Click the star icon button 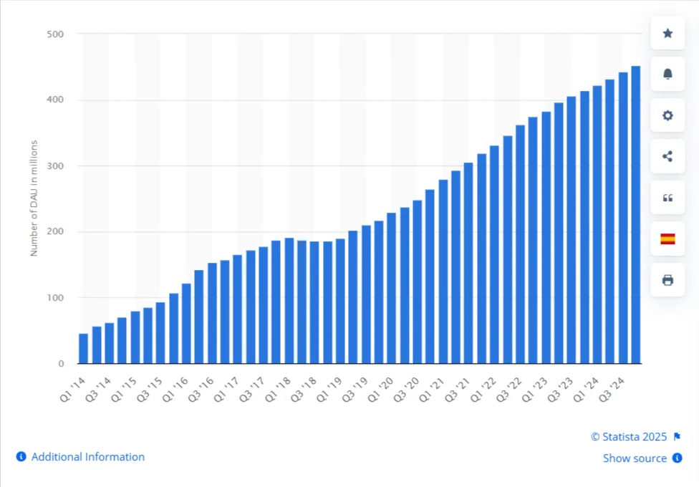pos(667,33)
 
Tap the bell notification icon pos(667,74)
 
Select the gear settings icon pos(667,115)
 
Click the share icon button pos(667,156)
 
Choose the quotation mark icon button pos(667,198)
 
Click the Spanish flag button pos(667,238)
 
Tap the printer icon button pos(667,279)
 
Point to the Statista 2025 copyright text pos(629,437)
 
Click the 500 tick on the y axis pos(55,34)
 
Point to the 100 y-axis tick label pos(55,298)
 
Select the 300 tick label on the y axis pos(55,166)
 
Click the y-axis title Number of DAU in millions pos(34,198)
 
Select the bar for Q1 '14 pos(84,348)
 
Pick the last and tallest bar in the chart pos(635,215)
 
